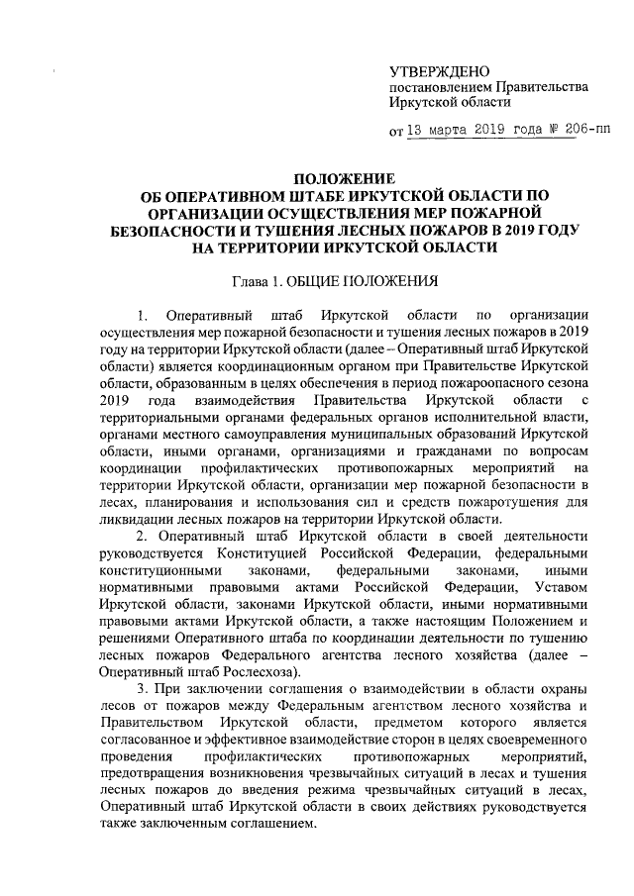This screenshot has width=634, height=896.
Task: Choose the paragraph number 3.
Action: pyautogui.click(x=142, y=688)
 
